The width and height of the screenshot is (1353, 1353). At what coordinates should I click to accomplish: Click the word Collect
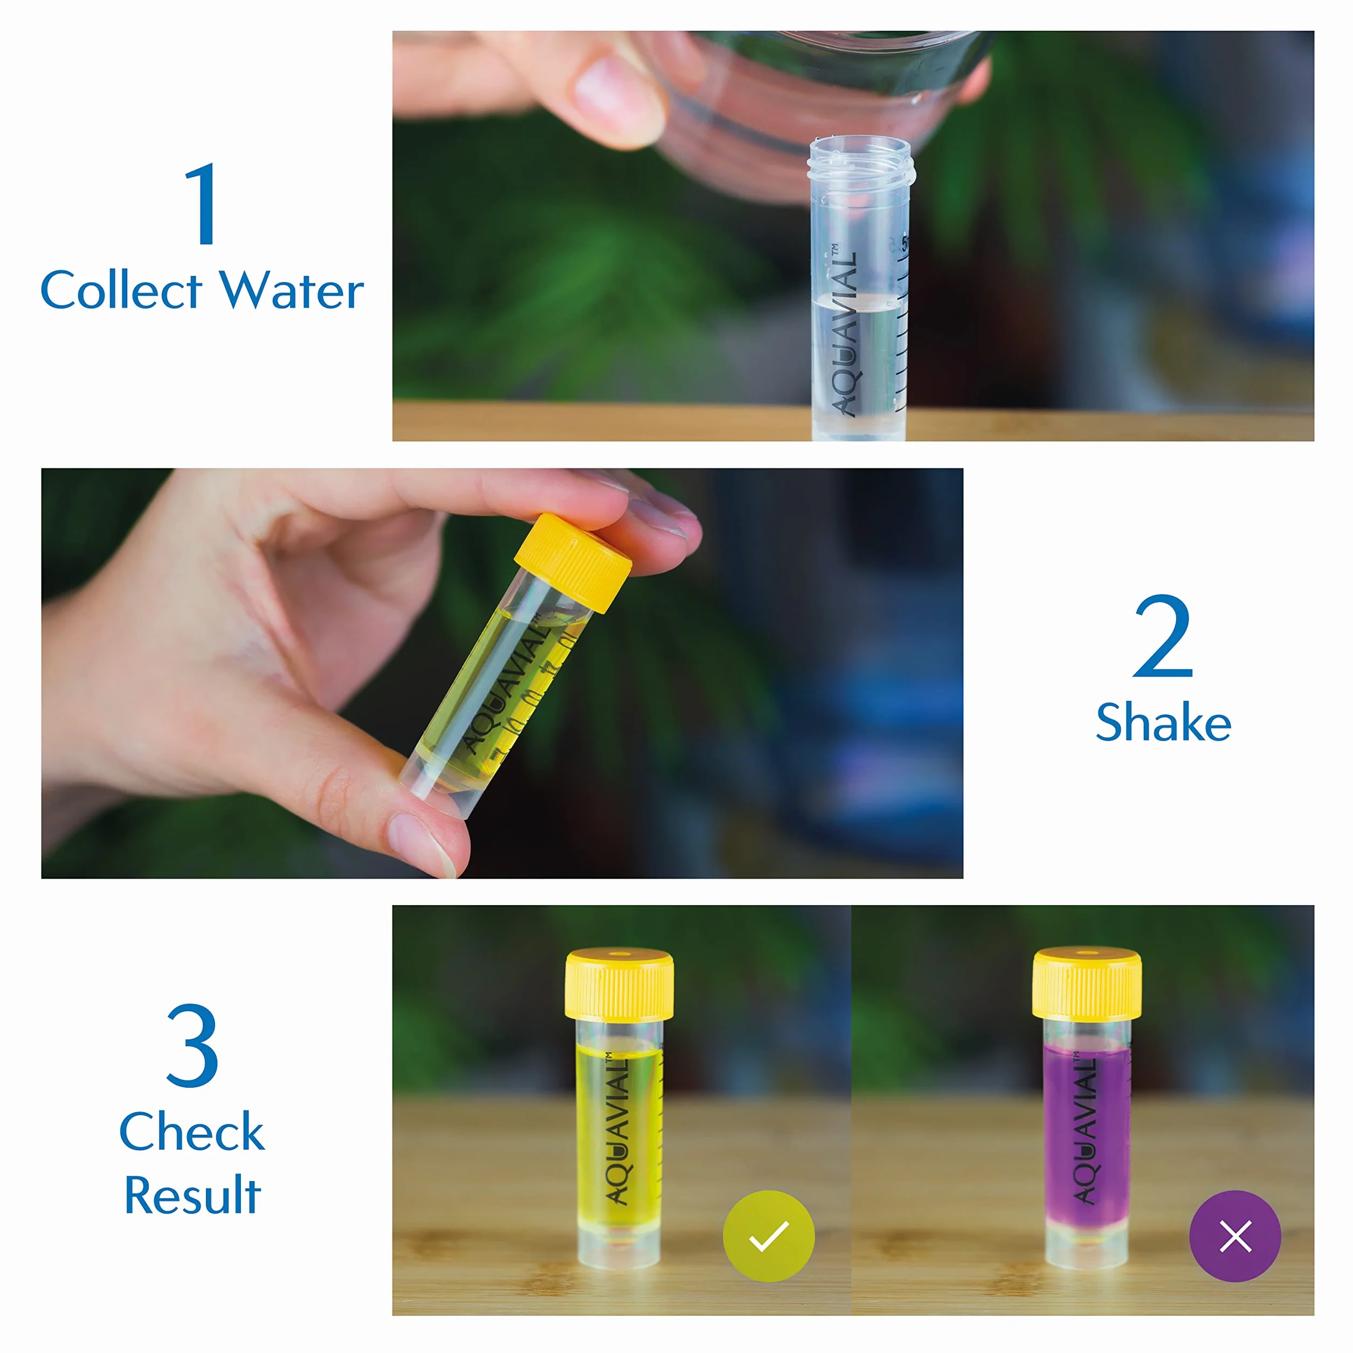(x=121, y=290)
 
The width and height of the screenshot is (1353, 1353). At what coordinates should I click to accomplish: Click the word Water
(x=292, y=290)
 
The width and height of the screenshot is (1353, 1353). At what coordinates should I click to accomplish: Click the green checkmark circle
(x=768, y=1236)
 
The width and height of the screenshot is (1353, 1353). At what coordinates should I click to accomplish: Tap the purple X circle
(x=1235, y=1236)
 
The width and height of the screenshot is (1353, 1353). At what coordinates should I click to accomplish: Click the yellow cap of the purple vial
(x=1086, y=984)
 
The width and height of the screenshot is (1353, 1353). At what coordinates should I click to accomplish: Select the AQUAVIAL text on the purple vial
(x=1085, y=1128)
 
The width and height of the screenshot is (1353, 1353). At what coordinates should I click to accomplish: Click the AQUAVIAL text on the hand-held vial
(x=504, y=686)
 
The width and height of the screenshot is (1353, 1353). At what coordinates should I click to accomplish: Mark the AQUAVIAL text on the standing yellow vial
(x=618, y=1128)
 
